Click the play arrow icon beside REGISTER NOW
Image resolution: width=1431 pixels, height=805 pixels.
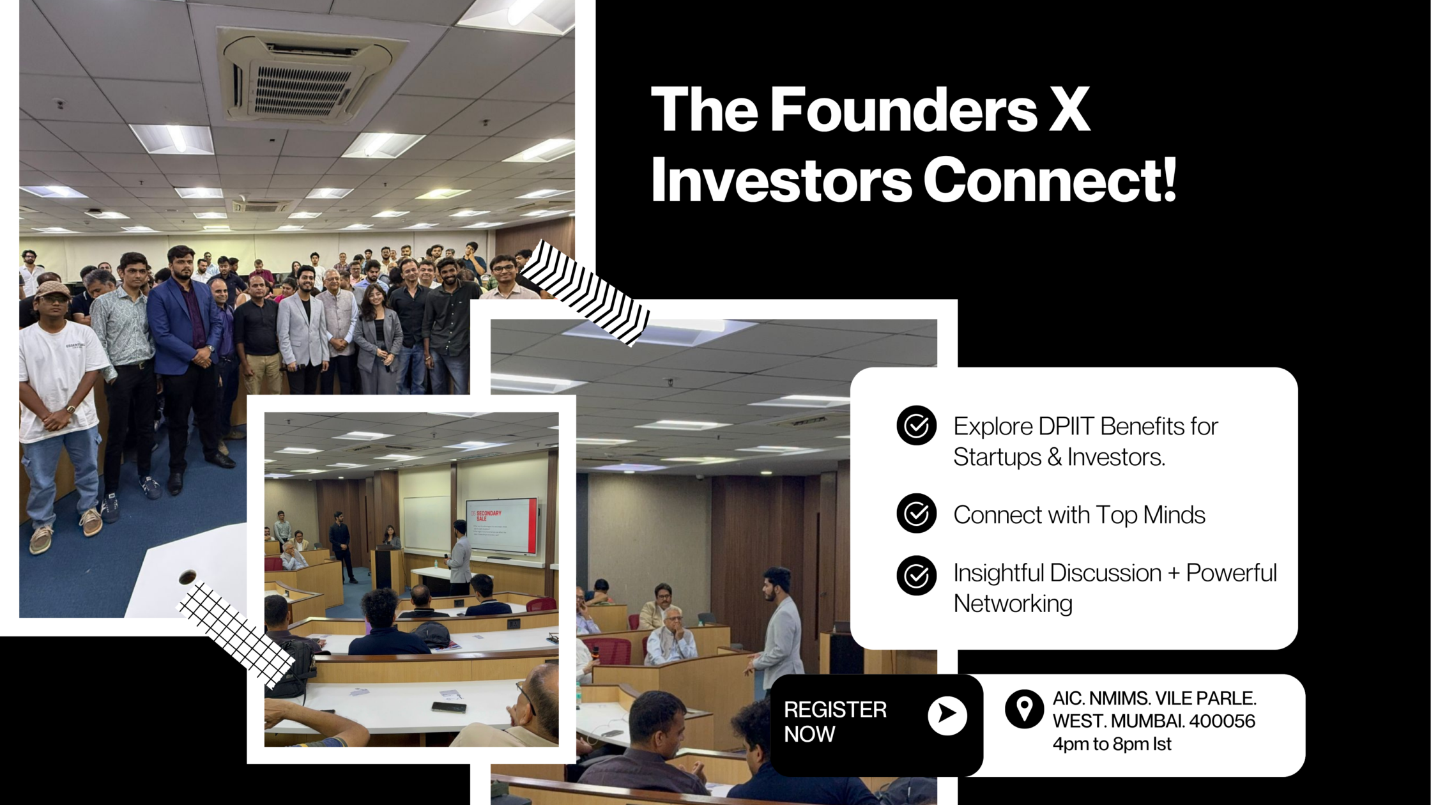947,715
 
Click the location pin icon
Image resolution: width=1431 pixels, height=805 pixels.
1024,709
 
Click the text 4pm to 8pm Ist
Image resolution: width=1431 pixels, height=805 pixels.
1112,744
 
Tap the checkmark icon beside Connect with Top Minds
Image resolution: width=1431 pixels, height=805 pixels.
916,513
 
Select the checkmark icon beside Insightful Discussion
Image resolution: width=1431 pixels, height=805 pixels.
916,576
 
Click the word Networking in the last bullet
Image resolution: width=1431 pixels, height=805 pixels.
1013,603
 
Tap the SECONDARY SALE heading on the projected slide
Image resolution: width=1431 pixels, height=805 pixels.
489,515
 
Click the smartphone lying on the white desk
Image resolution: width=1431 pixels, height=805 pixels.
448,707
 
